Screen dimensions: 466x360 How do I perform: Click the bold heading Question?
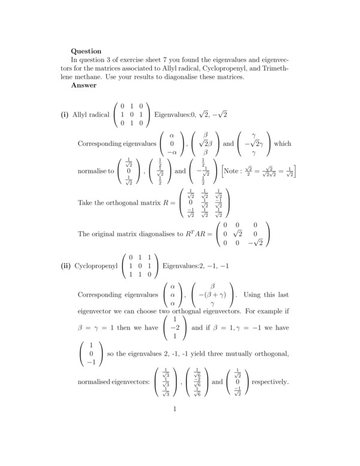coord(86,51)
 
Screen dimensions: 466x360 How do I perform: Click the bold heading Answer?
coord(83,85)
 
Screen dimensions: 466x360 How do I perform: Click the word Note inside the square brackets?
coord(232,171)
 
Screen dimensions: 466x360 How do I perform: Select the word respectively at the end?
coord(271,382)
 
